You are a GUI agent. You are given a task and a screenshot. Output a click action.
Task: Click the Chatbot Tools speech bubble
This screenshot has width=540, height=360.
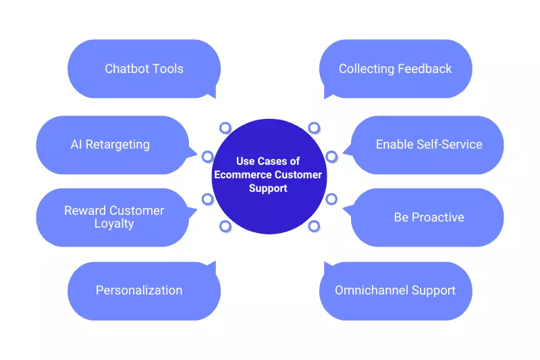(x=144, y=69)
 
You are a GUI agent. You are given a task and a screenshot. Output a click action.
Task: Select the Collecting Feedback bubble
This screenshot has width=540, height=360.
(x=396, y=69)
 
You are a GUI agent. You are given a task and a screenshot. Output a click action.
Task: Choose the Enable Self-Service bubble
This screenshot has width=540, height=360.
(x=428, y=145)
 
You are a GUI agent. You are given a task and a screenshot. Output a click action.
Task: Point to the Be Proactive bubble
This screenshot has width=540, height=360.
(x=428, y=217)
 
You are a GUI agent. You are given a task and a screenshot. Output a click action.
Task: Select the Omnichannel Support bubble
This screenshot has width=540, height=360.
(x=396, y=290)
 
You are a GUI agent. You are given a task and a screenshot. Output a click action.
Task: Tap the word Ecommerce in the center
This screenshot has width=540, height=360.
(x=242, y=175)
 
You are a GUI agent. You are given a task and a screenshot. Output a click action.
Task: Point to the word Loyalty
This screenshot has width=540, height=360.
(x=114, y=224)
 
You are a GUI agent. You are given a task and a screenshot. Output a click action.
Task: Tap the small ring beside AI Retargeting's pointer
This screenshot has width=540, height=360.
(x=207, y=157)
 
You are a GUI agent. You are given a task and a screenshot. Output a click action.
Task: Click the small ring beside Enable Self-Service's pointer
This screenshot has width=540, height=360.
(x=331, y=157)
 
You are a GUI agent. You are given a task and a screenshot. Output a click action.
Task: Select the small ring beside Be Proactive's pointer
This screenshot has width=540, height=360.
(x=331, y=199)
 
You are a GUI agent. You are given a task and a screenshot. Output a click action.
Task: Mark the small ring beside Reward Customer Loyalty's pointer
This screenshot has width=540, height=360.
(x=207, y=199)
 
